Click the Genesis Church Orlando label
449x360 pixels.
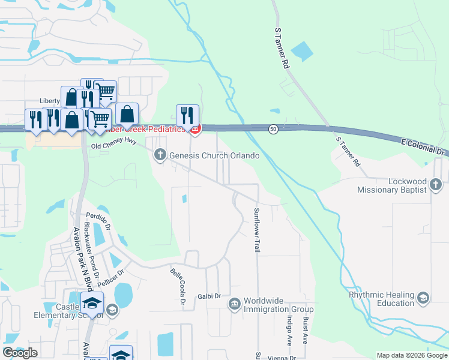point(214,156)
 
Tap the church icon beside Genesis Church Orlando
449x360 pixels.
point(160,156)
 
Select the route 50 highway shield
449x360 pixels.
point(273,129)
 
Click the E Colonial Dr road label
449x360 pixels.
point(424,145)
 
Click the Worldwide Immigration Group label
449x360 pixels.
point(279,305)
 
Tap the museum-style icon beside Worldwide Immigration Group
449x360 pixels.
point(234,305)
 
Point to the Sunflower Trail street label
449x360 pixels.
point(256,230)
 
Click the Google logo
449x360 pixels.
point(20,353)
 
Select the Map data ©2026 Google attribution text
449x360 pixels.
point(411,355)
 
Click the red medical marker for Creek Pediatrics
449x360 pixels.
point(194,128)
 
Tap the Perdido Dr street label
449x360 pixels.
point(99,221)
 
